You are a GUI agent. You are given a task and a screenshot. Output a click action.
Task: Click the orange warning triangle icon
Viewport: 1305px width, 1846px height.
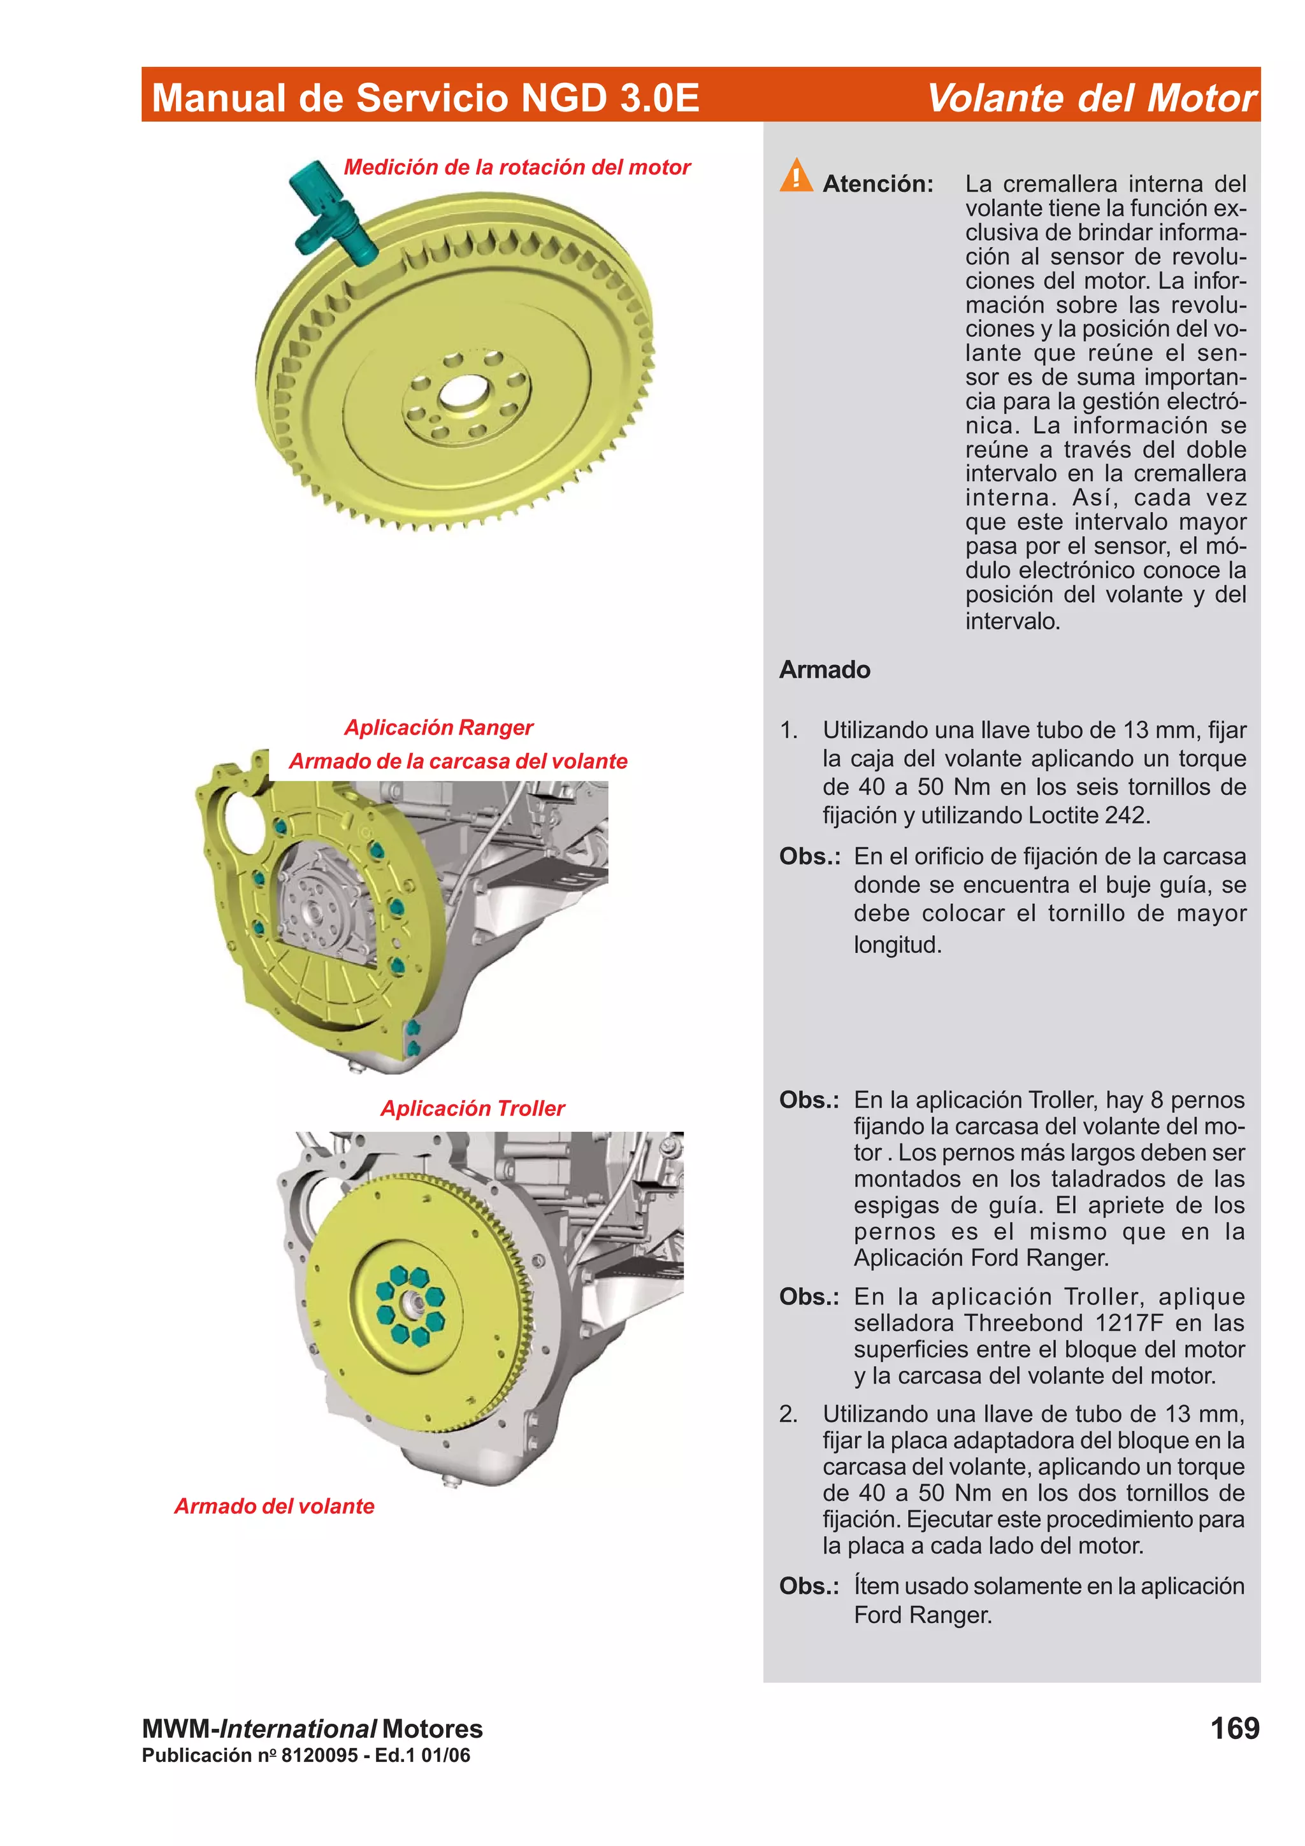(x=795, y=176)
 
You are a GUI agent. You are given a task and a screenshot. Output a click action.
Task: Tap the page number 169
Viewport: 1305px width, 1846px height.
(x=1234, y=1728)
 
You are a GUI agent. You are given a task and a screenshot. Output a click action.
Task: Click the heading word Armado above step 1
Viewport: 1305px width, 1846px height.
(x=824, y=669)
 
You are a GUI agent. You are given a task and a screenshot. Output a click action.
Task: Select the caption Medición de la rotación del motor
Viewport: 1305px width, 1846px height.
(x=516, y=168)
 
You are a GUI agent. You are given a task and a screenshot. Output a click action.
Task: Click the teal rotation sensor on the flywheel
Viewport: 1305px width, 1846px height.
(x=331, y=211)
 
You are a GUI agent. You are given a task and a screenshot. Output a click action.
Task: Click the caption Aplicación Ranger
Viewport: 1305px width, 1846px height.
(x=438, y=727)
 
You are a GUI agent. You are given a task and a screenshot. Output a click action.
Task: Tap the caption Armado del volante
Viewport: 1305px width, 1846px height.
(x=274, y=1506)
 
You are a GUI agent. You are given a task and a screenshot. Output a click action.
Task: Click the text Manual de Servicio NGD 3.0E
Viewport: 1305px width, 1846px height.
(x=426, y=98)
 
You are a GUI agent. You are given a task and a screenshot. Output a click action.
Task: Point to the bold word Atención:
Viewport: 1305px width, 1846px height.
(x=877, y=184)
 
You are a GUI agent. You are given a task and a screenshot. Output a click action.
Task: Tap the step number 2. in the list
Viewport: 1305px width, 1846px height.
(x=788, y=1414)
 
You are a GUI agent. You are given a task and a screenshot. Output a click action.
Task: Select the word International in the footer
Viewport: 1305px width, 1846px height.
(x=298, y=1729)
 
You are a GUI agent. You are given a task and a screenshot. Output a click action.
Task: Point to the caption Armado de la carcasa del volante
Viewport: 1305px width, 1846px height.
(x=458, y=761)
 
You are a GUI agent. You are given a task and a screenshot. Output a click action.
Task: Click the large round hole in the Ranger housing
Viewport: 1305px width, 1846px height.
(x=246, y=823)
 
